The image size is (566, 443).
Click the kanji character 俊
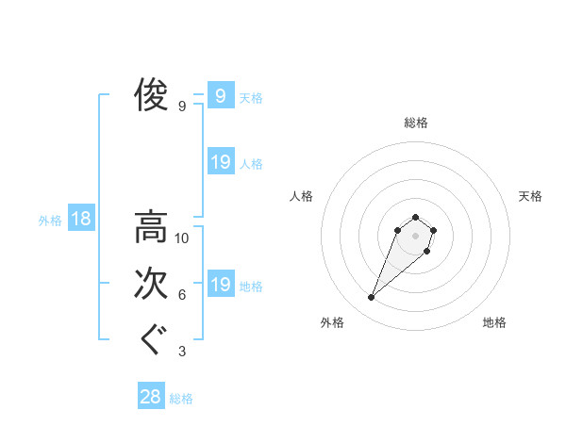coord(151,94)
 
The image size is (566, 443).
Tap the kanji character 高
coord(151,227)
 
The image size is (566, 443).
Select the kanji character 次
coord(151,284)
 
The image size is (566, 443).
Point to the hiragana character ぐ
coord(151,339)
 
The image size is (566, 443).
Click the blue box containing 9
coord(220,95)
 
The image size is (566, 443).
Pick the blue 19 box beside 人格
coord(220,162)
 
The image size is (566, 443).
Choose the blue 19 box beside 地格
coord(220,285)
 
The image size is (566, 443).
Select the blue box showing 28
coord(150,397)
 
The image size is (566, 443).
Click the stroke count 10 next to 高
coord(182,238)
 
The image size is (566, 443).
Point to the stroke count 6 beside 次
coord(182,295)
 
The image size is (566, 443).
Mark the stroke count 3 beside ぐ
coord(182,352)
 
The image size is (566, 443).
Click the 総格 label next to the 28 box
coord(181,399)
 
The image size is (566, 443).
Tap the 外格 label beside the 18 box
coord(50,221)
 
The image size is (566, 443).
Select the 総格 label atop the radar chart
coord(416,123)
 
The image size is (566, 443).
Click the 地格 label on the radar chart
coord(494,323)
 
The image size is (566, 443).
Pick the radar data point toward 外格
coord(372,298)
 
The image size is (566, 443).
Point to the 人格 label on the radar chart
coord(302,196)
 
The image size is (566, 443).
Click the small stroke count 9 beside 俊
coord(182,107)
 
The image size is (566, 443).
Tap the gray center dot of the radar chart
coord(416,236)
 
